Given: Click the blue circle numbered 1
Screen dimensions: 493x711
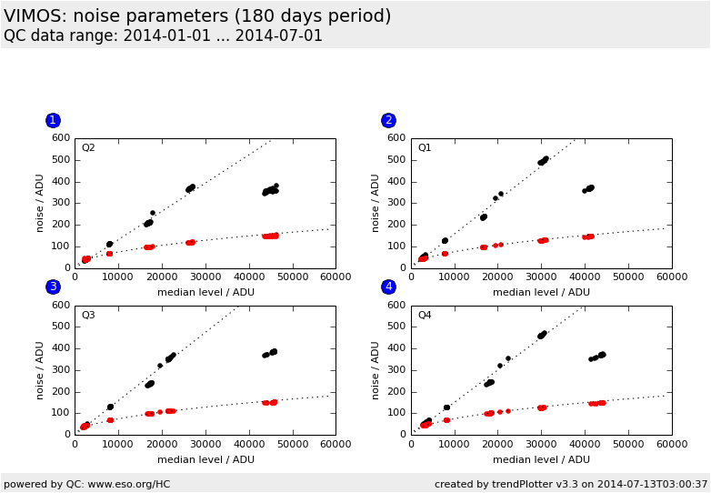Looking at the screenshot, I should point(53,120).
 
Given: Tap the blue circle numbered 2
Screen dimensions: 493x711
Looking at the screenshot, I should point(388,120).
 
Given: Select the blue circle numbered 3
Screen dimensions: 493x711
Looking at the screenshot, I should point(53,287).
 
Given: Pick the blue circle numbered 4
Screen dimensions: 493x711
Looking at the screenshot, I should point(388,287).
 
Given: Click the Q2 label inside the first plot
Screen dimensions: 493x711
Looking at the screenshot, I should point(88,148).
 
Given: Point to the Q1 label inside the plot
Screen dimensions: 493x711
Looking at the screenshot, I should point(425,148).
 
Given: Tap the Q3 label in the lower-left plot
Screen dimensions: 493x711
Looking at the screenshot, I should point(88,316).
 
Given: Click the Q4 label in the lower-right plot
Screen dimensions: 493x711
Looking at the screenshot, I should point(425,316).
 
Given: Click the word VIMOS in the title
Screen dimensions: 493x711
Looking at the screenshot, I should point(35,16).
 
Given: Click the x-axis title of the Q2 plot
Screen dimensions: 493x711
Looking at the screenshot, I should point(205,292).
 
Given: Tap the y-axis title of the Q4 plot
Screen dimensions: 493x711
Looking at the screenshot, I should point(376,369).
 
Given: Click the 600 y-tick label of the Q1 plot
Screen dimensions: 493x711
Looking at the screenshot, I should point(397,138).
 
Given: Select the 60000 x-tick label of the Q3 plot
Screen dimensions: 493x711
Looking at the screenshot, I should point(335,445).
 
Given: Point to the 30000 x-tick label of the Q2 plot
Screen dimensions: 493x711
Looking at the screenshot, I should point(205,278).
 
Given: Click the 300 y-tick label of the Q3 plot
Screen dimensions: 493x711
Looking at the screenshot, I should point(61,369).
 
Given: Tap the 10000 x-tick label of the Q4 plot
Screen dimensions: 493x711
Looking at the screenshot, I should point(455,445).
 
